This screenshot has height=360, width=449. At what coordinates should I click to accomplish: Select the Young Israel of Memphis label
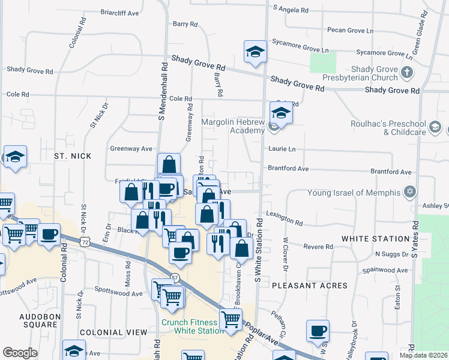pos(353,193)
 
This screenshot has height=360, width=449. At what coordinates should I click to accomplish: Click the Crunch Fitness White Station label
pos(192,326)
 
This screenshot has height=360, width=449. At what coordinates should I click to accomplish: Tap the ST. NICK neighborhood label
pos(73,156)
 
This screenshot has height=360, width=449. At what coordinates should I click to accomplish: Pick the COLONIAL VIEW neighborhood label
pos(113,332)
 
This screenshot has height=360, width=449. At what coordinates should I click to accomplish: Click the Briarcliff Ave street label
pos(120,11)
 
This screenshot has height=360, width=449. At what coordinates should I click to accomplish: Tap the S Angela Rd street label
pos(291,10)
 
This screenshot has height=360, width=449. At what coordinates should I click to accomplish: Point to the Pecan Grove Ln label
pos(350,30)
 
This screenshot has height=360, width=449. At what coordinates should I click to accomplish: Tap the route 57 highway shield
pos(175,278)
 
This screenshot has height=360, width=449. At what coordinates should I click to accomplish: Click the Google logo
pos(20,353)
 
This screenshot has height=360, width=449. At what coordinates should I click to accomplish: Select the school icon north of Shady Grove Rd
pos(255,52)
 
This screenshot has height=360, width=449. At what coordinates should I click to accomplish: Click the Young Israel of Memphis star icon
pos(410,192)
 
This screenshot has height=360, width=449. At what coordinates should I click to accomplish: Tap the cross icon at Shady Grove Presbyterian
pos(407,73)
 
